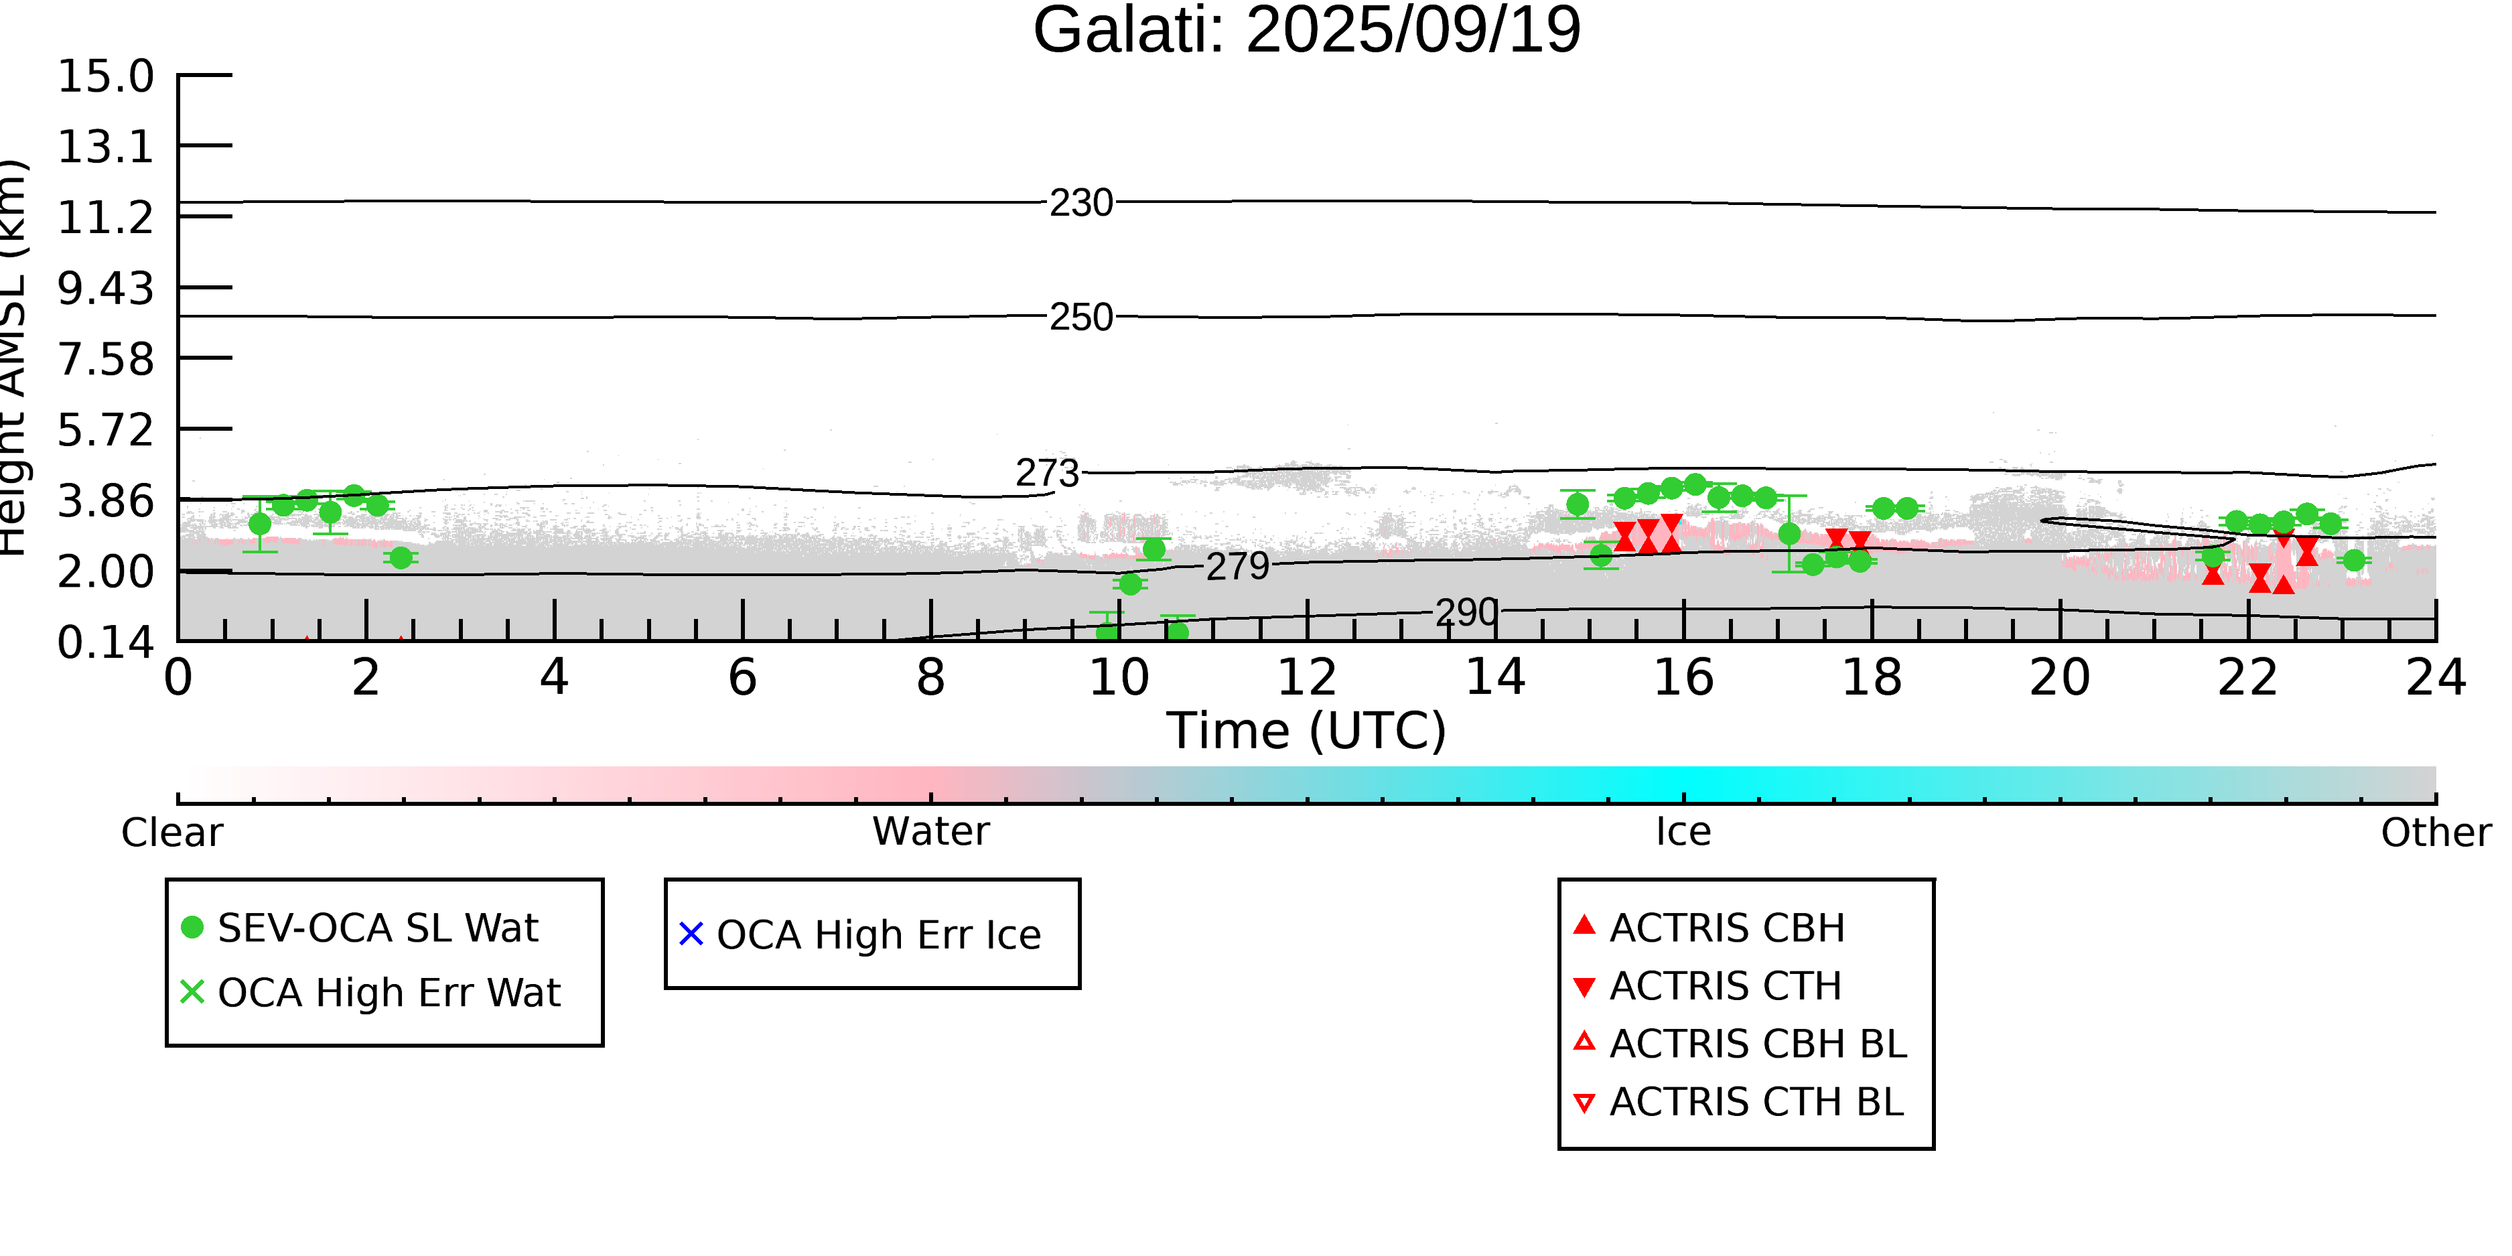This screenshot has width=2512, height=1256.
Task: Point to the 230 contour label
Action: click(1080, 203)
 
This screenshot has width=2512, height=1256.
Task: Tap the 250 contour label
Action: click(1080, 317)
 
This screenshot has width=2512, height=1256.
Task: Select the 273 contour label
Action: click(1047, 473)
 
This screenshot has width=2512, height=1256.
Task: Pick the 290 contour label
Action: click(1466, 612)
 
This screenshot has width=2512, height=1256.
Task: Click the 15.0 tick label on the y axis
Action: click(105, 76)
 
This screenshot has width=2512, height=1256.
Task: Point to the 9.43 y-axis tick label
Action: click(105, 289)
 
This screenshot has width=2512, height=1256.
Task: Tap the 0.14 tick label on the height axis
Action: click(105, 642)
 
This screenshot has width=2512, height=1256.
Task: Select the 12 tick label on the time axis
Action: click(1307, 678)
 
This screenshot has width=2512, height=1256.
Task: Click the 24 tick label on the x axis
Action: click(2435, 678)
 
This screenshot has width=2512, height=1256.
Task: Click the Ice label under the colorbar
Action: click(1683, 832)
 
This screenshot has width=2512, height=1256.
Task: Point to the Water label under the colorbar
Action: click(930, 832)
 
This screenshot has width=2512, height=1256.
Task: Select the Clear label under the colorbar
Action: click(171, 833)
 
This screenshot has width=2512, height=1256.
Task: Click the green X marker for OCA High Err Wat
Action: click(192, 991)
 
